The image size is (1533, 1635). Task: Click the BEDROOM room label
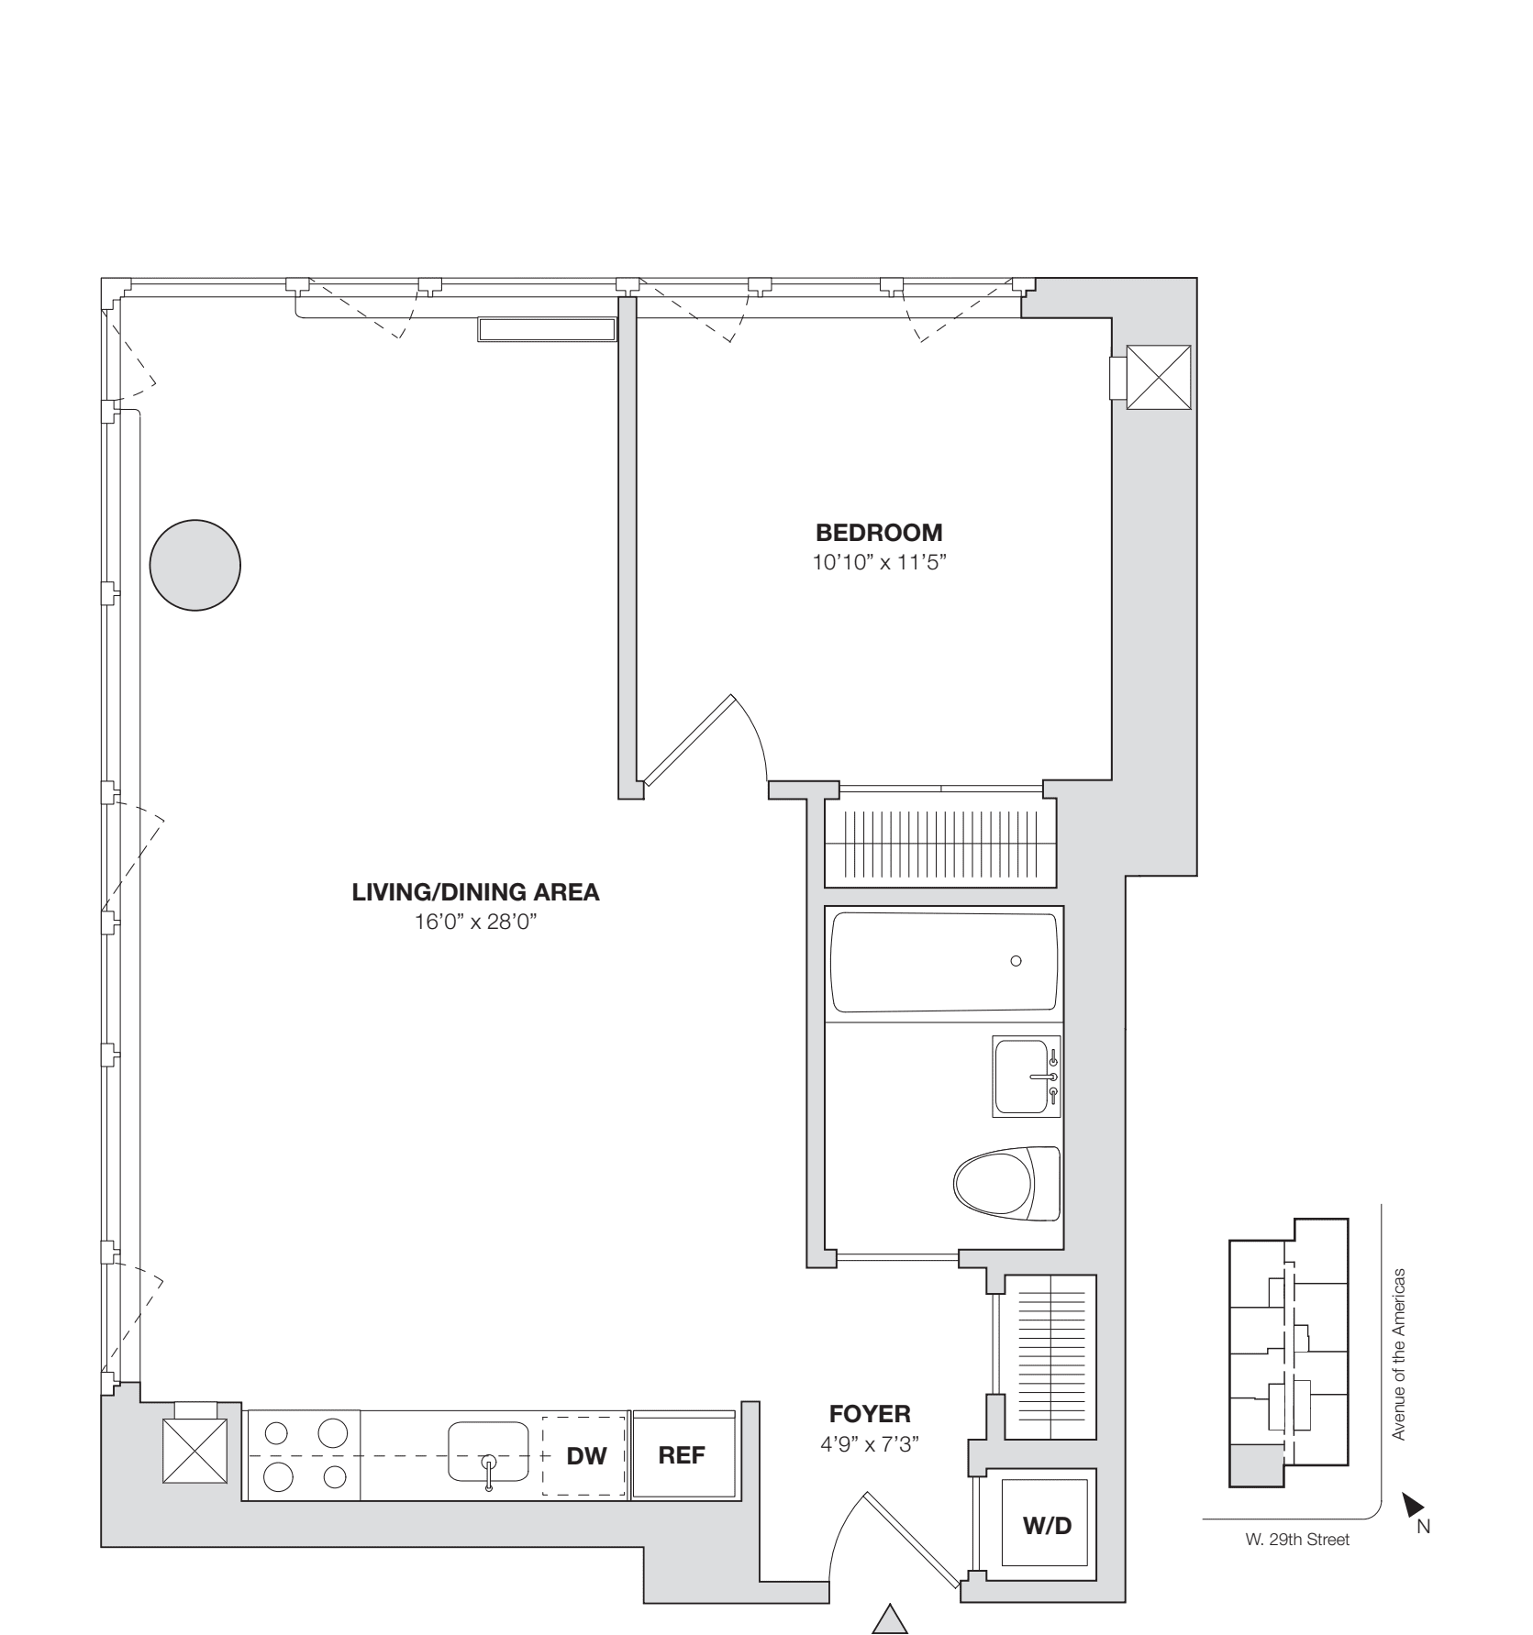click(879, 533)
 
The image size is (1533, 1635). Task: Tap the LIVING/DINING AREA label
click(475, 892)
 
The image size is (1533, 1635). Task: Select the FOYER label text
click(869, 1413)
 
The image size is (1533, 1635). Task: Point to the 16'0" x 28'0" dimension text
click(474, 922)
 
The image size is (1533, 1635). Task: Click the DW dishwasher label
click(587, 1456)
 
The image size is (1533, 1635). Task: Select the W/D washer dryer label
click(1047, 1525)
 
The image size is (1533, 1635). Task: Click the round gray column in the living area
click(195, 564)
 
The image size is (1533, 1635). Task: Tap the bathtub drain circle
click(1016, 961)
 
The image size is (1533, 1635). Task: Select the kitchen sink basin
click(488, 1452)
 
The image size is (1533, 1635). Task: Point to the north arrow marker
click(1413, 1505)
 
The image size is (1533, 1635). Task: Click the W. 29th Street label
click(1292, 1540)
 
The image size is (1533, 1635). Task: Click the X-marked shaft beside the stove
click(194, 1451)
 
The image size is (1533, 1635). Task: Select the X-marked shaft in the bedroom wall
click(1158, 378)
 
